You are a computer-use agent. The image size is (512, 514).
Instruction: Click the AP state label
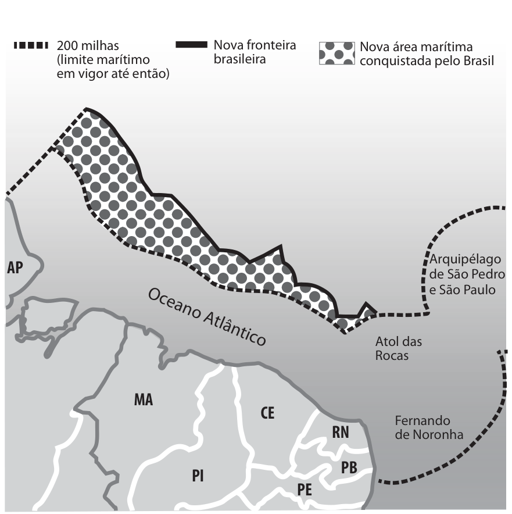pyautogui.click(x=15, y=268)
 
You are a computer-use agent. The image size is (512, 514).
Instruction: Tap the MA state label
pyautogui.click(x=144, y=399)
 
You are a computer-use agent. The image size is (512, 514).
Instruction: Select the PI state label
pyautogui.click(x=198, y=476)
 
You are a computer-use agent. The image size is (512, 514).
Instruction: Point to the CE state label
pyautogui.click(x=267, y=413)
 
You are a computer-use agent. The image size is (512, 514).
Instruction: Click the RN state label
pyautogui.click(x=341, y=433)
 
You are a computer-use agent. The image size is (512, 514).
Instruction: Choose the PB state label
pyautogui.click(x=349, y=467)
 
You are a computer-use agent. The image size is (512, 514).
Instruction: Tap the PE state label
pyautogui.click(x=305, y=490)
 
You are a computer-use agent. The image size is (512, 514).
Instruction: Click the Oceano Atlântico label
pyautogui.click(x=207, y=317)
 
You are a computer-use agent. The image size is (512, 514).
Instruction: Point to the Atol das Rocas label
pyautogui.click(x=398, y=348)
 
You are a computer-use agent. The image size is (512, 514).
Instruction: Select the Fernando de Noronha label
pyautogui.click(x=429, y=427)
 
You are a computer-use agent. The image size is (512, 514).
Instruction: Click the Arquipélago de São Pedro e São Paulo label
pyautogui.click(x=467, y=274)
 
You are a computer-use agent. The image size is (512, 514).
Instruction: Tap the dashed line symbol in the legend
pyautogui.click(x=31, y=45)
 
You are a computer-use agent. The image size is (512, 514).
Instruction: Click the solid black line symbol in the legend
pyautogui.click(x=192, y=45)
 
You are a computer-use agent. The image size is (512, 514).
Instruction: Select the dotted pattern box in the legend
pyautogui.click(x=336, y=53)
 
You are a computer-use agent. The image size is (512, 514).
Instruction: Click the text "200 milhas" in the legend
pyautogui.click(x=88, y=45)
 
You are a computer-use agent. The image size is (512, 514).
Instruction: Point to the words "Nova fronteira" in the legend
pyautogui.click(x=255, y=45)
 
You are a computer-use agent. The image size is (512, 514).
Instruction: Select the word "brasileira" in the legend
pyautogui.click(x=239, y=59)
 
